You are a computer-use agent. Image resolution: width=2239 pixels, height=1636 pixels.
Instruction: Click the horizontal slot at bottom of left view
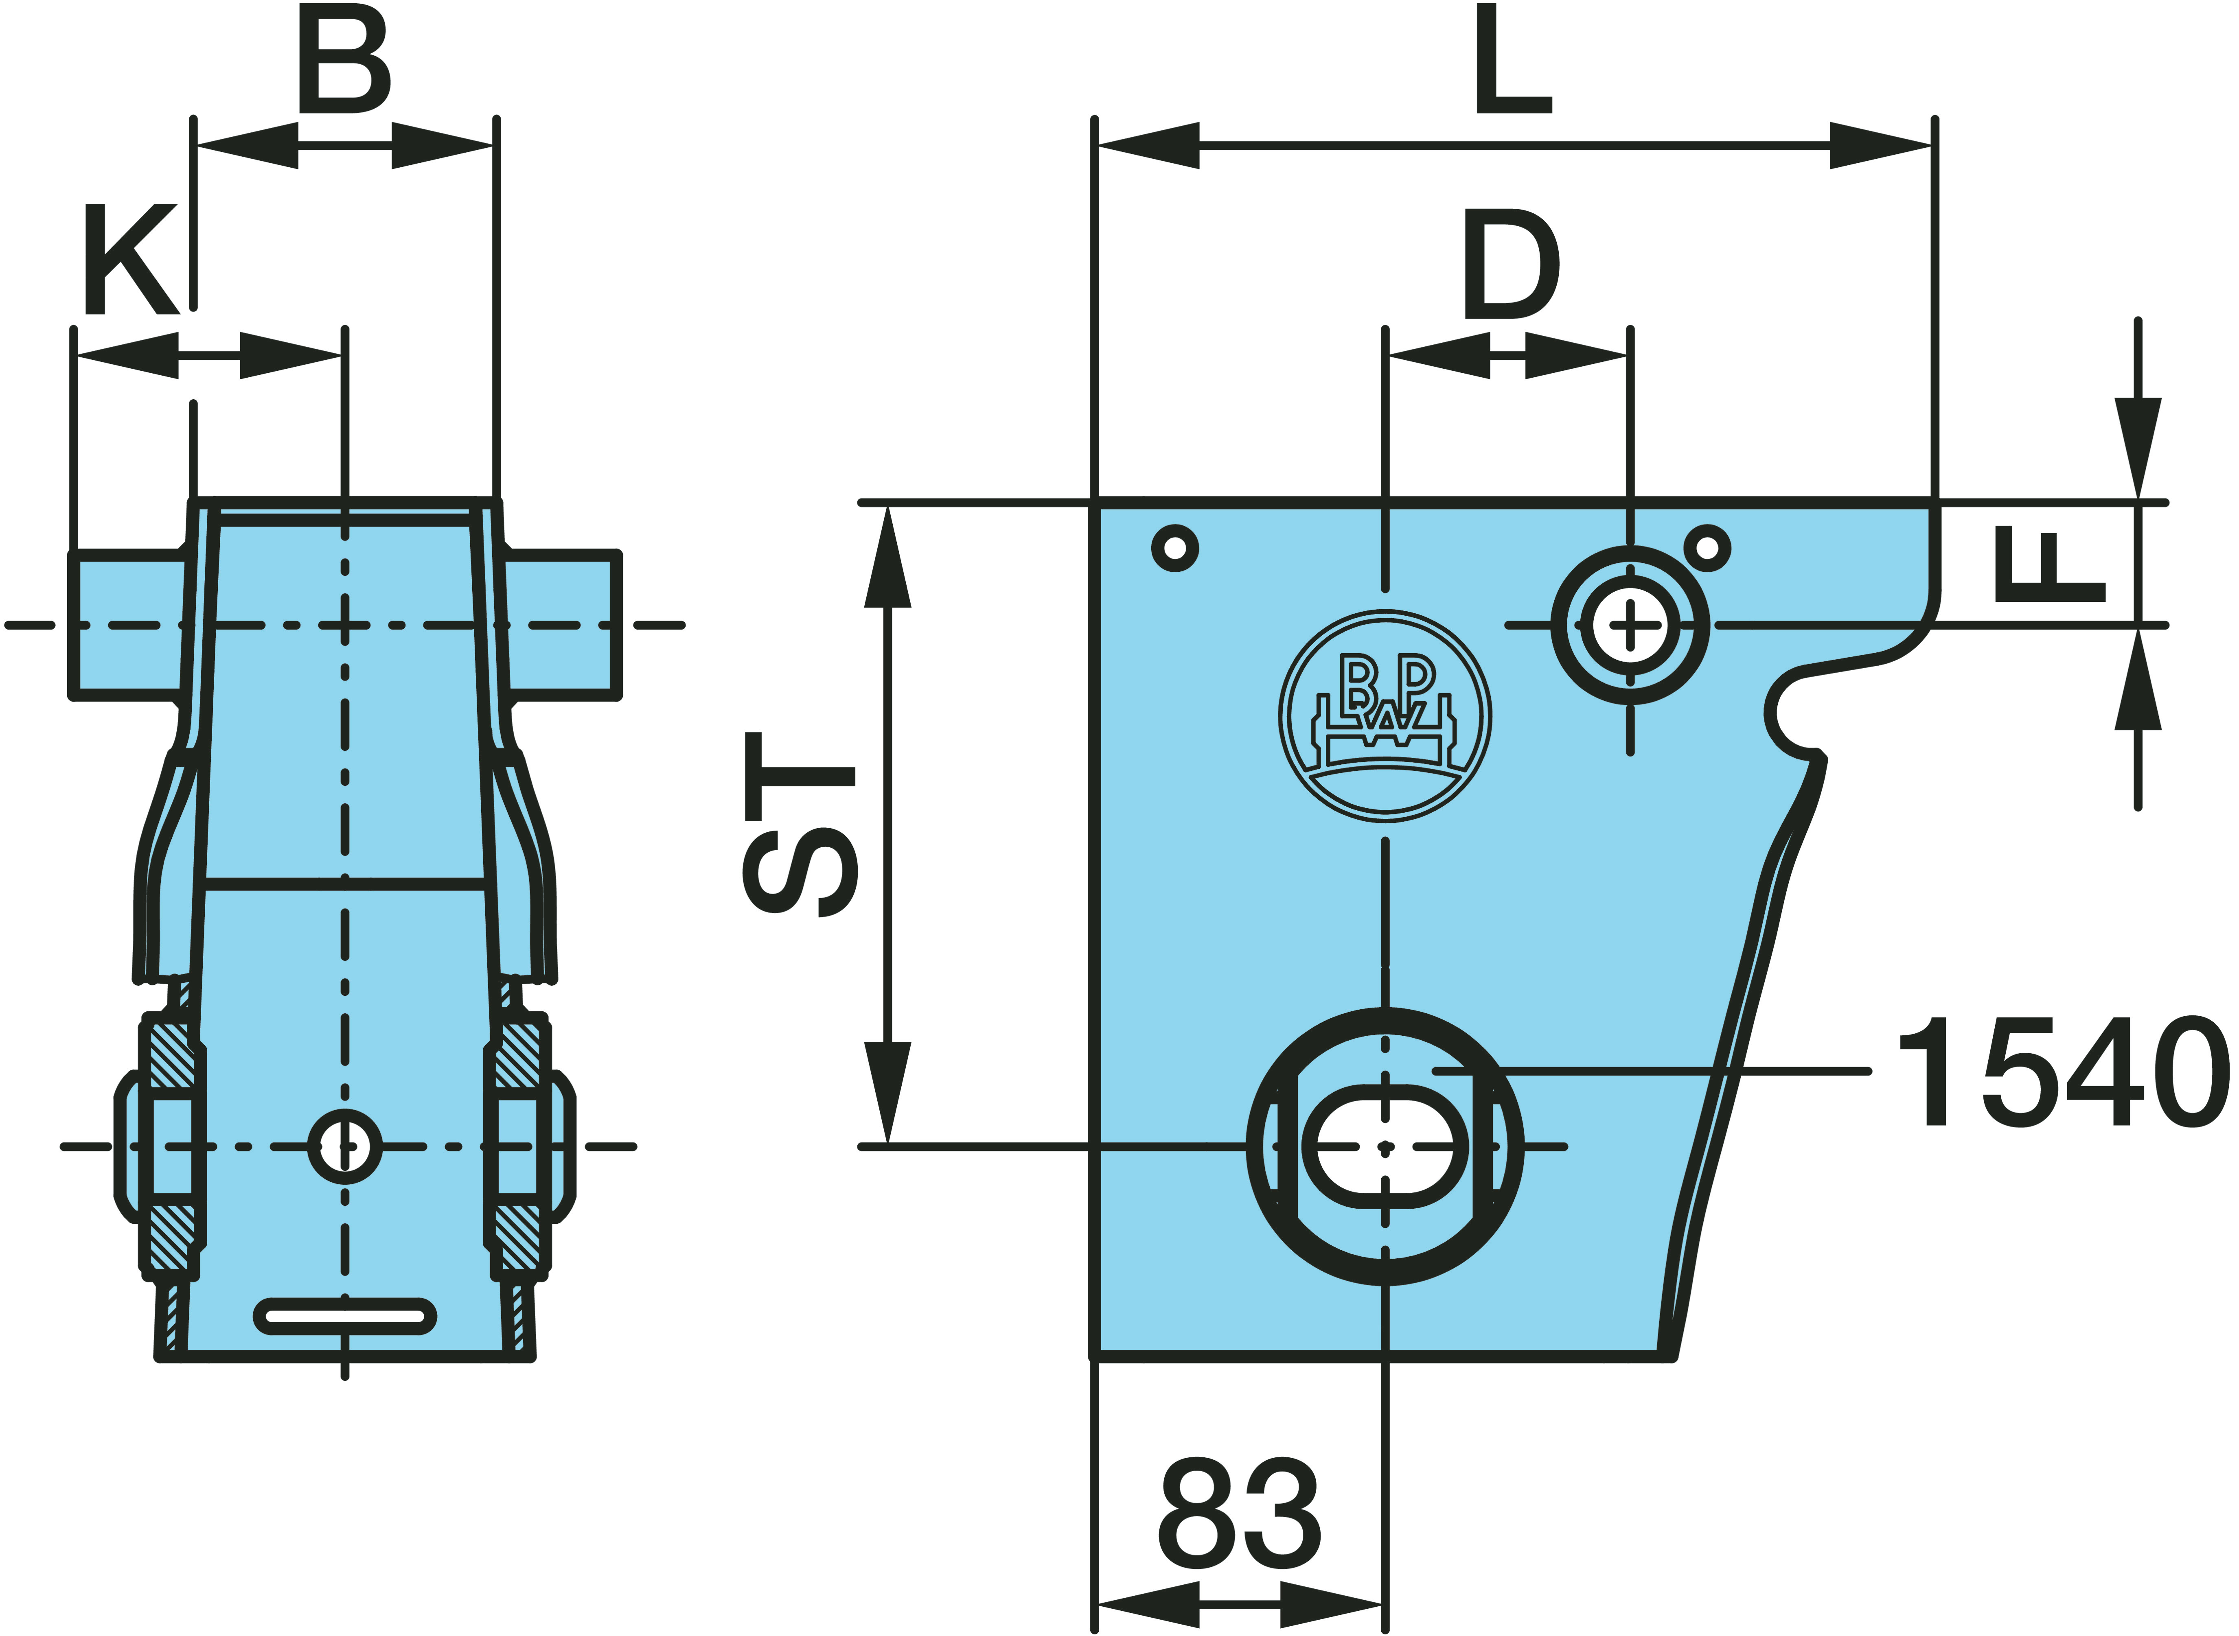click(x=345, y=1316)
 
